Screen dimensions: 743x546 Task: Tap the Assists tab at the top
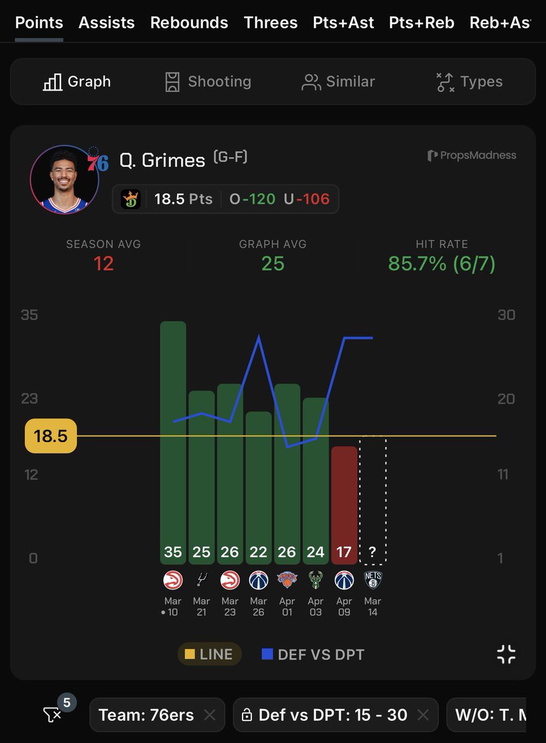click(106, 23)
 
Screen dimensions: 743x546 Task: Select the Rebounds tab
click(189, 23)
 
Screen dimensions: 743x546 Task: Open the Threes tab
click(271, 23)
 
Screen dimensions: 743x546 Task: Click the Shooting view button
click(208, 82)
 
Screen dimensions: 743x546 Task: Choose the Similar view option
click(338, 82)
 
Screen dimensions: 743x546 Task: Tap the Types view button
click(470, 82)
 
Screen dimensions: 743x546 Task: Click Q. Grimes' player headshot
click(64, 179)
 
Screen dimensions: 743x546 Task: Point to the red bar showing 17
click(344, 502)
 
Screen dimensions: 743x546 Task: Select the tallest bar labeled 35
click(173, 433)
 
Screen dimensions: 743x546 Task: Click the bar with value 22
click(259, 483)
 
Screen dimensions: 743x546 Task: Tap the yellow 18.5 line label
click(50, 436)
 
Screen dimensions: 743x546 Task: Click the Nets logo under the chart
click(373, 580)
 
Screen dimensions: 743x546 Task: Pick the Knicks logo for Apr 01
click(287, 580)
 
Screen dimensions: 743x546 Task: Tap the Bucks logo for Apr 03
click(316, 580)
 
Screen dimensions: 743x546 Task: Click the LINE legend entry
click(209, 654)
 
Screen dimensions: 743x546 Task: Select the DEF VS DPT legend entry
click(313, 654)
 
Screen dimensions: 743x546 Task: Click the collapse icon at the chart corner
click(506, 654)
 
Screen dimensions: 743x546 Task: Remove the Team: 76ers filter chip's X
click(210, 715)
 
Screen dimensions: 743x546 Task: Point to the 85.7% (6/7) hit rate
click(442, 264)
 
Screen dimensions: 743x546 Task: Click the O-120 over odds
click(253, 199)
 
